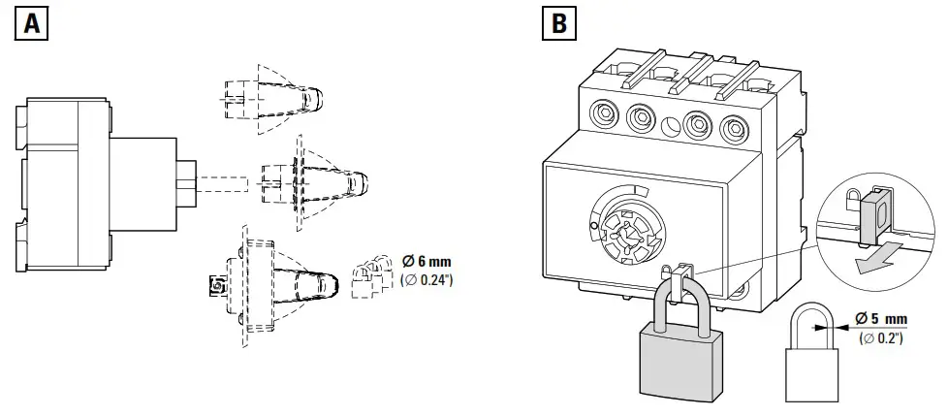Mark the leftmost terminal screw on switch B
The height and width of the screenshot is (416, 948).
coord(599,118)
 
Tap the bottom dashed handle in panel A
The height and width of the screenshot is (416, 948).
coord(291,281)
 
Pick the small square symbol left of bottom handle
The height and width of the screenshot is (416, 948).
coord(216,284)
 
